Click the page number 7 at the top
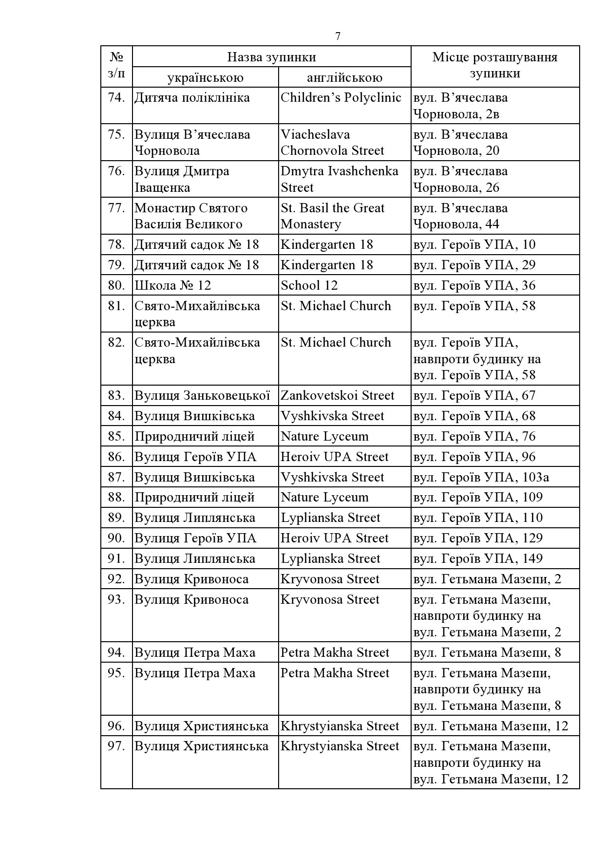[x=338, y=37]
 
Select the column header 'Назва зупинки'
[x=271, y=57]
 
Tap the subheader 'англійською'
[x=344, y=77]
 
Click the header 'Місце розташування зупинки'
[x=495, y=65]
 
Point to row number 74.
[x=117, y=97]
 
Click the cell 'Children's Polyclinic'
[x=340, y=97]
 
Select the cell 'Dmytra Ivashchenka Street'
[x=339, y=179]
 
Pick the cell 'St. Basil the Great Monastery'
[x=332, y=216]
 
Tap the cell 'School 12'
[x=309, y=285]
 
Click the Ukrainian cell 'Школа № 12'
[x=173, y=285]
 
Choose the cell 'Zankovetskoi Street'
[x=337, y=395]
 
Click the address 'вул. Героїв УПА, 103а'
[x=481, y=477]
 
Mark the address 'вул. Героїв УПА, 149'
[x=478, y=558]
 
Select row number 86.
[x=117, y=457]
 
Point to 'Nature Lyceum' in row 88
[x=324, y=497]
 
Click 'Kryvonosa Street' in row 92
[x=330, y=579]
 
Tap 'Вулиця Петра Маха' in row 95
[x=195, y=673]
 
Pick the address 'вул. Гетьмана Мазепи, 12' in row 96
[x=491, y=726]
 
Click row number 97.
[x=117, y=746]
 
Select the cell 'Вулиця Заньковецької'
[x=202, y=395]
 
